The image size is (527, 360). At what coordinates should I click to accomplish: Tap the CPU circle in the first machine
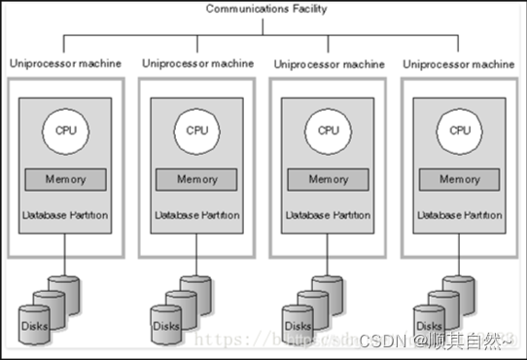pyautogui.click(x=65, y=129)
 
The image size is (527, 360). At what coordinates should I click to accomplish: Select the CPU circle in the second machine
pyautogui.click(x=197, y=129)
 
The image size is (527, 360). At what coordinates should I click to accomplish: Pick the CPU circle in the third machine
pyautogui.click(x=329, y=129)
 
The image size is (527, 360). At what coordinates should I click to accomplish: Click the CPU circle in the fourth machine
pyautogui.click(x=460, y=129)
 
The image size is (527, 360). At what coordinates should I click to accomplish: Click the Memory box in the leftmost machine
pyautogui.click(x=65, y=179)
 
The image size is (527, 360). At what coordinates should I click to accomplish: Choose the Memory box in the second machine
pyautogui.click(x=197, y=179)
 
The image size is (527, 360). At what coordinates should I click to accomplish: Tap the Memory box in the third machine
pyautogui.click(x=329, y=179)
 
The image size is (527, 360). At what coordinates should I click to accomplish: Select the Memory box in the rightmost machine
pyautogui.click(x=460, y=179)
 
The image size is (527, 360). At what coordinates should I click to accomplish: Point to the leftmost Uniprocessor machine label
pyautogui.click(x=65, y=63)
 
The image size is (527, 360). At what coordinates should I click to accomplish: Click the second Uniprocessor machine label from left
pyautogui.click(x=197, y=63)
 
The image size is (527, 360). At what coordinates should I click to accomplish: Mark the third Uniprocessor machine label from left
pyautogui.click(x=329, y=64)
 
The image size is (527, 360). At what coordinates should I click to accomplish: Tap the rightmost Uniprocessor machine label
pyautogui.click(x=460, y=64)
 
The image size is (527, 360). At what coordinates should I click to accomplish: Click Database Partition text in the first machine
pyautogui.click(x=65, y=211)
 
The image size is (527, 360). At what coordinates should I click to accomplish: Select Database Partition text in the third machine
pyautogui.click(x=329, y=211)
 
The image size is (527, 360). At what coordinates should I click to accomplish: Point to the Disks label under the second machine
pyautogui.click(x=164, y=325)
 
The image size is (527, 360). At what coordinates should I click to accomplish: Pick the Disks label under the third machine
pyautogui.click(x=297, y=325)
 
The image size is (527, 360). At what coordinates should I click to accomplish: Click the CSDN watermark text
pyautogui.click(x=381, y=340)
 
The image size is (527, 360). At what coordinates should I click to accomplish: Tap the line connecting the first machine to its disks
pyautogui.click(x=65, y=268)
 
